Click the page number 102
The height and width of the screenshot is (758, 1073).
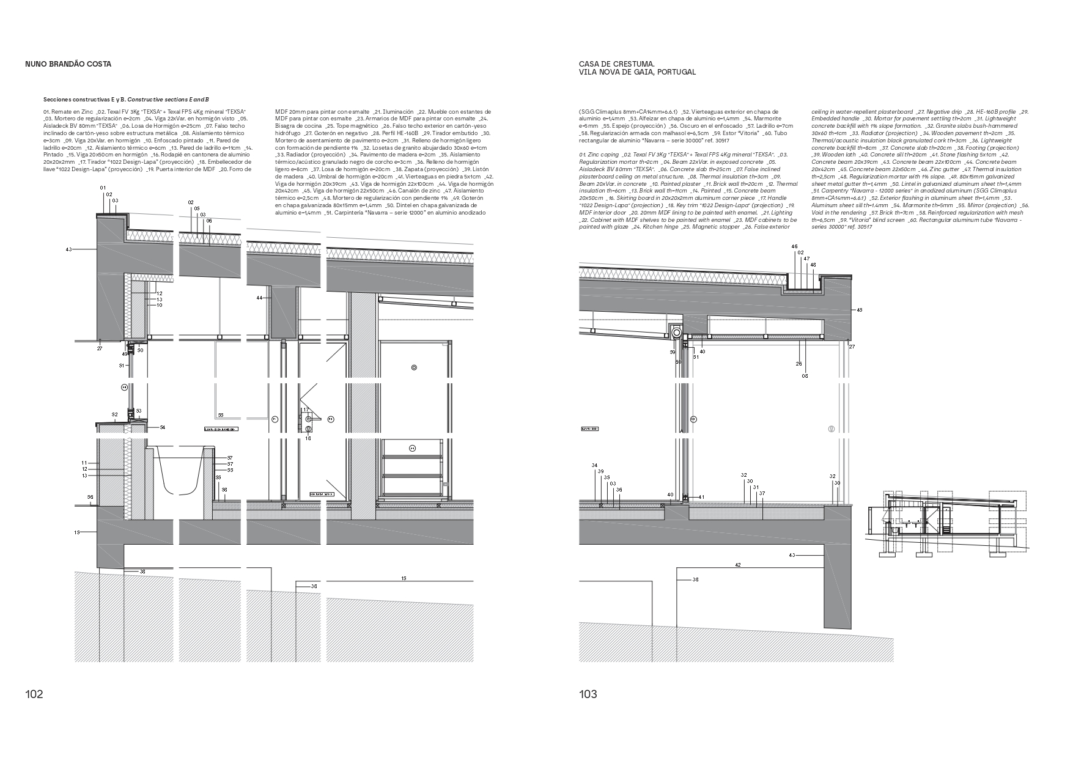coord(34,694)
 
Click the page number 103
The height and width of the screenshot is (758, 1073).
coord(588,694)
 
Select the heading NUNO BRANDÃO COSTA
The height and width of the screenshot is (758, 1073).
coord(68,64)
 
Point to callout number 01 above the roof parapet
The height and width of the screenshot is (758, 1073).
coord(103,188)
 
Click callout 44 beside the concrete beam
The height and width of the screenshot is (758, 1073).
coord(259,298)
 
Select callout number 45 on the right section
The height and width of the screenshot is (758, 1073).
coord(859,311)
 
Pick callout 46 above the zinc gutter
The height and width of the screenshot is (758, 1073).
coord(795,246)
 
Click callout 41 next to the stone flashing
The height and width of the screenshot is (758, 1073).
coord(701,497)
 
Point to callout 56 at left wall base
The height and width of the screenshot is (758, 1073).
coord(90,497)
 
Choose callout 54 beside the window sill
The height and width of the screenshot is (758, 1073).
coord(163,428)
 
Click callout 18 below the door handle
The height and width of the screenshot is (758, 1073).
coord(308,438)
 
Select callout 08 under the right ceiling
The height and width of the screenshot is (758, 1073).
coord(805,376)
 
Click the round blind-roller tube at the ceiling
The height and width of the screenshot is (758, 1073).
coord(676,333)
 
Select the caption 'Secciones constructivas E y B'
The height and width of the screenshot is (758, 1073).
coord(84,98)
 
